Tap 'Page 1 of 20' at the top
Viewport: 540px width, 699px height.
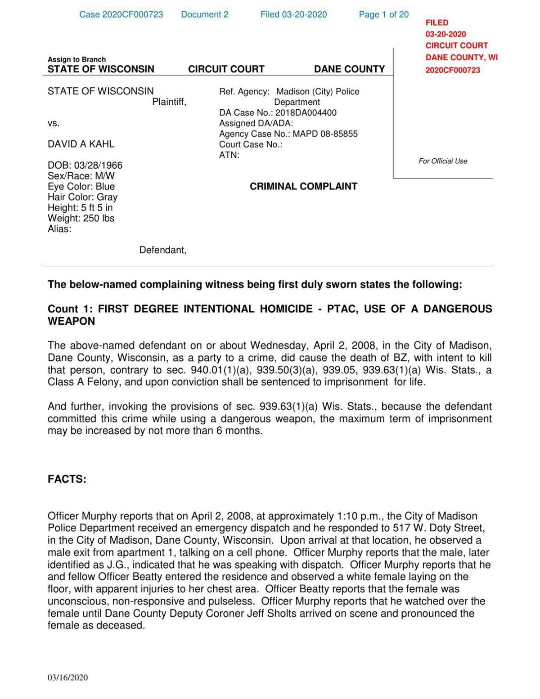(383, 14)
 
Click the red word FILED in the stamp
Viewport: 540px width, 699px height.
(436, 22)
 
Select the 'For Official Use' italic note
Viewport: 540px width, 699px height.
(443, 161)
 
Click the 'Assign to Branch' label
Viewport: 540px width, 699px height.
(77, 59)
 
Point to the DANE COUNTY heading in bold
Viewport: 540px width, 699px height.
(349, 69)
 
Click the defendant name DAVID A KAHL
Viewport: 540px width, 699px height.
(81, 144)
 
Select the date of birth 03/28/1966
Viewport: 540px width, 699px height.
(101, 166)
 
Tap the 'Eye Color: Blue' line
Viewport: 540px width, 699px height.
(81, 187)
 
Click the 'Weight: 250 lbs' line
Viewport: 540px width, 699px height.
(81, 219)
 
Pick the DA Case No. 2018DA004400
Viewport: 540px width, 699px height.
(306, 113)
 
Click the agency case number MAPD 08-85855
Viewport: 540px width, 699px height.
(325, 134)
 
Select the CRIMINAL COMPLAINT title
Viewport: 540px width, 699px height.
(303, 187)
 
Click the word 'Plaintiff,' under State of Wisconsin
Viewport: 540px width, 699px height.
(169, 102)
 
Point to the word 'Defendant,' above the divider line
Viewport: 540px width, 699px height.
(162, 250)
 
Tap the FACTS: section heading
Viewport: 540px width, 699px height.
(67, 479)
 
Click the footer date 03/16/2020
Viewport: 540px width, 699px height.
(68, 678)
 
